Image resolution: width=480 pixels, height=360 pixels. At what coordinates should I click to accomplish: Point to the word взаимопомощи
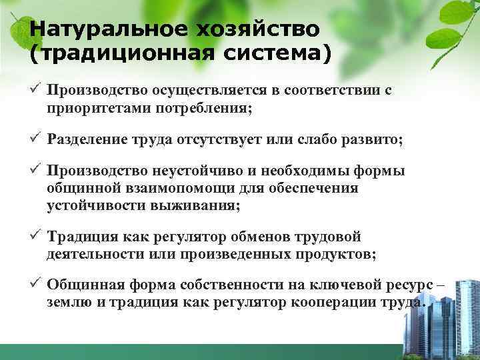169,188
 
